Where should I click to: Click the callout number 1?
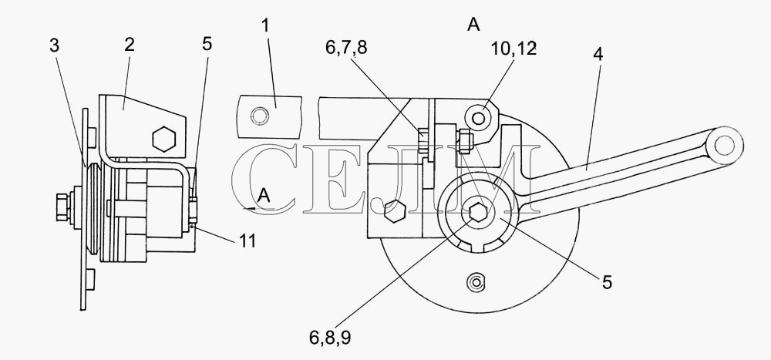click(x=265, y=25)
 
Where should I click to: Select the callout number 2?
click(x=129, y=45)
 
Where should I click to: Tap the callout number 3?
click(x=54, y=45)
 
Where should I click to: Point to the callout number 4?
click(x=598, y=55)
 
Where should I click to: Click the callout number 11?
click(x=247, y=241)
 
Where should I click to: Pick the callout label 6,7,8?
click(x=346, y=48)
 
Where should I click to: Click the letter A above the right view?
click(x=473, y=25)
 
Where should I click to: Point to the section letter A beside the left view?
click(x=264, y=197)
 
